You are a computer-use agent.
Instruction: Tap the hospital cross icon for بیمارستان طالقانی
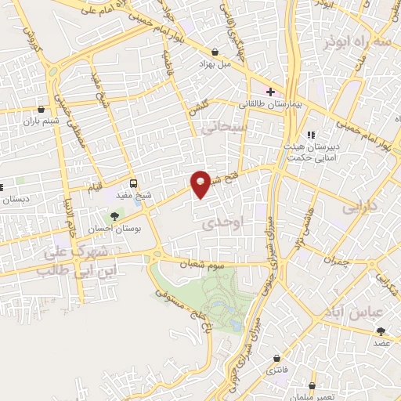click(270, 92)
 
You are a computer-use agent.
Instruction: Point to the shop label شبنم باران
click(41, 121)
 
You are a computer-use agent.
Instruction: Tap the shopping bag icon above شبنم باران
click(41, 108)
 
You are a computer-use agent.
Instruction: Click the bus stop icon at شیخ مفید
click(134, 182)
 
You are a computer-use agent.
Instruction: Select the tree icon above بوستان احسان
click(116, 215)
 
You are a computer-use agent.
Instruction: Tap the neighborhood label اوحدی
click(219, 223)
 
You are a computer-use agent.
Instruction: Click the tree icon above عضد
click(381, 332)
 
